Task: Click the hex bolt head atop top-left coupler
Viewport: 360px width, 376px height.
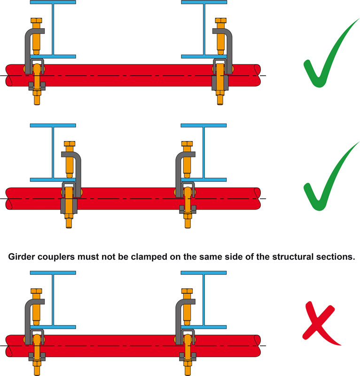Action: pos(36,22)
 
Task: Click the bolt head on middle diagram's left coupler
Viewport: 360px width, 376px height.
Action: pos(69,144)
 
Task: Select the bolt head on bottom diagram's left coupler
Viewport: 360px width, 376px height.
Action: pos(36,291)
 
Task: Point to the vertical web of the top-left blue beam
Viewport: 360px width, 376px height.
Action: pos(53,28)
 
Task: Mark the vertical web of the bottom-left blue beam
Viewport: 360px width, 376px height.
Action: pos(53,298)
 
